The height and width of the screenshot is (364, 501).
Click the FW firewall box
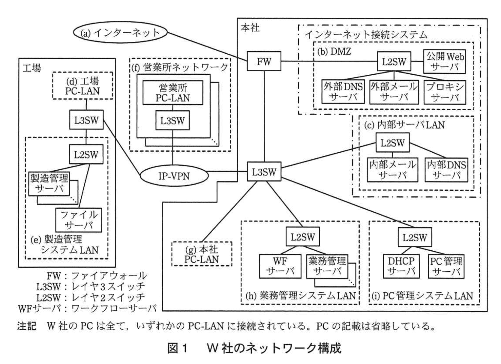[x=264, y=61]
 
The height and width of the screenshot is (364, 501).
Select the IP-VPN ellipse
[x=174, y=176]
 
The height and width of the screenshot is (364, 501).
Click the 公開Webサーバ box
[x=445, y=61]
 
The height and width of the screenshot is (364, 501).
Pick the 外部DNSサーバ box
[x=343, y=92]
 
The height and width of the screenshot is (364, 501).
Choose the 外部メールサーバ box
[x=394, y=92]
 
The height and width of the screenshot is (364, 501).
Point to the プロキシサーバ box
[x=445, y=92]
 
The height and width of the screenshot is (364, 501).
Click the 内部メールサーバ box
[x=392, y=170]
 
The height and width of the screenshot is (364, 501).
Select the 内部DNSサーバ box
[x=446, y=170]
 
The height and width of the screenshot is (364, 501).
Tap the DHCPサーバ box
[x=401, y=266]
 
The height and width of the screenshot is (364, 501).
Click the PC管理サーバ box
[x=446, y=266]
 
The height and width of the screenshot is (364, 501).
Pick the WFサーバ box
[x=280, y=266]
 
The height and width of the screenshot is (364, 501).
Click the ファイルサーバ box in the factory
[x=79, y=220]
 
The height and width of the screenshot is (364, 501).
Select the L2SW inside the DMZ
[x=394, y=61]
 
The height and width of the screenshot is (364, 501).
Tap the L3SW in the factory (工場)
[x=86, y=120]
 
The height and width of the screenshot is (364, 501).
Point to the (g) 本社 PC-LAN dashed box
[x=202, y=254]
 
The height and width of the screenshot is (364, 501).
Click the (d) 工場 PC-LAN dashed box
[x=82, y=86]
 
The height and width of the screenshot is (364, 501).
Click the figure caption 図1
[x=177, y=348]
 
